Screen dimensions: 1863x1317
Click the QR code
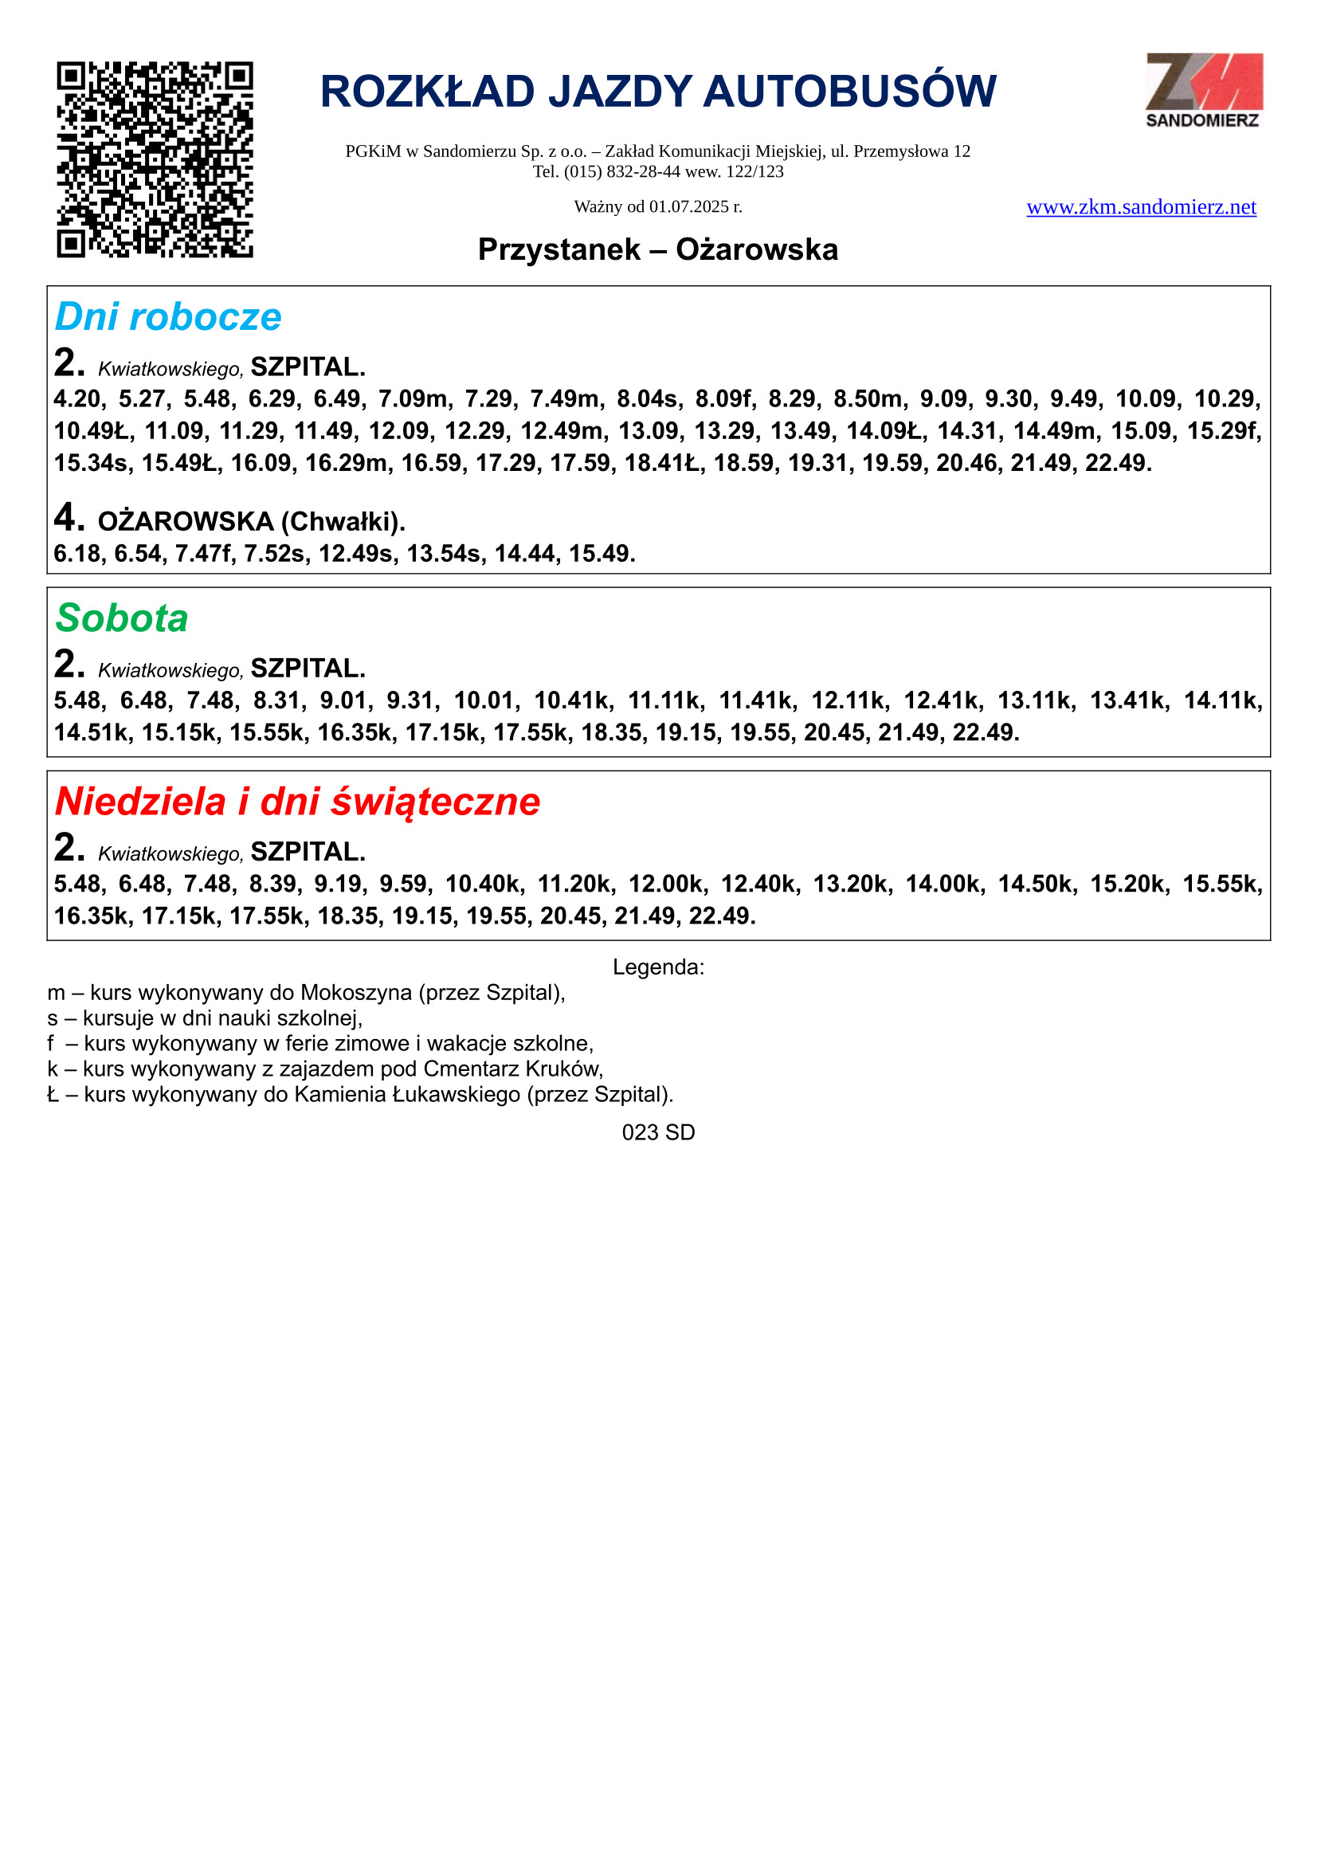click(155, 159)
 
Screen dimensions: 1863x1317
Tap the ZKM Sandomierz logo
click(1203, 90)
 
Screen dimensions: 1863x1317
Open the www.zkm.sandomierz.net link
click(1141, 208)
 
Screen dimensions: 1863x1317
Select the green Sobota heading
click(122, 618)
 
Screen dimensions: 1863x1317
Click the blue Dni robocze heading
click(168, 316)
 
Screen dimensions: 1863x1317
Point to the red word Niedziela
click(139, 802)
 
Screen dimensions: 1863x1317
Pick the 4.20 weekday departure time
click(78, 399)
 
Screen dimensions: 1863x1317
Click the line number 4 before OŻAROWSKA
click(69, 517)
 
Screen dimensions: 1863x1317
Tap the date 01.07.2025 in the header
click(689, 207)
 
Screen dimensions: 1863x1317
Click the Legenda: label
click(658, 967)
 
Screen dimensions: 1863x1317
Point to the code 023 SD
click(658, 1133)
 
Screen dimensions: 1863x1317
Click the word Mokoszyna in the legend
click(356, 993)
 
